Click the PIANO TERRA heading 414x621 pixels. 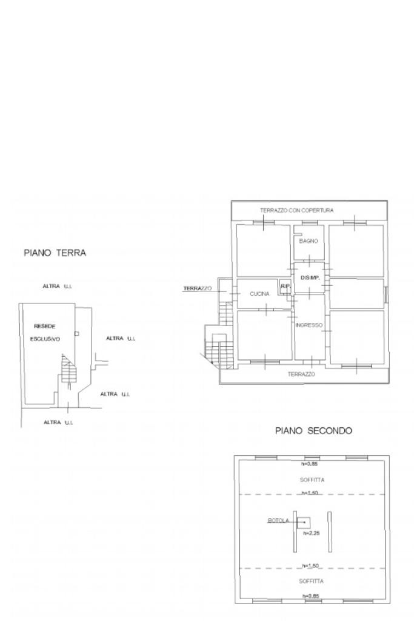[x=55, y=253]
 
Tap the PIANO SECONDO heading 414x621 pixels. [x=313, y=430]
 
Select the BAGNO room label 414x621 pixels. [x=308, y=241]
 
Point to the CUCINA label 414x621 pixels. [x=259, y=294]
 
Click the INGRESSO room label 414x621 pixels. [x=309, y=325]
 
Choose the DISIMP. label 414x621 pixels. [x=310, y=278]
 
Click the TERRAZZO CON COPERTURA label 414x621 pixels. [x=297, y=210]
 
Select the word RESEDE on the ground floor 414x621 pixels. [x=45, y=327]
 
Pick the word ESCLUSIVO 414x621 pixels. [x=45, y=339]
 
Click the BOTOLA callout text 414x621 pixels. [x=278, y=521]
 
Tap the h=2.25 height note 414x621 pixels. [x=311, y=534]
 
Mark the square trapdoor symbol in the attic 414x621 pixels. [x=304, y=522]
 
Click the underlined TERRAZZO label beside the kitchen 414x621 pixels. [x=198, y=289]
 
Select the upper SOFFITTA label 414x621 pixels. [x=312, y=480]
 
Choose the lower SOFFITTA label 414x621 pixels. [x=312, y=581]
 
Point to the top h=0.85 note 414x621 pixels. [x=310, y=464]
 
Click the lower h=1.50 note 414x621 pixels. [x=310, y=566]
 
